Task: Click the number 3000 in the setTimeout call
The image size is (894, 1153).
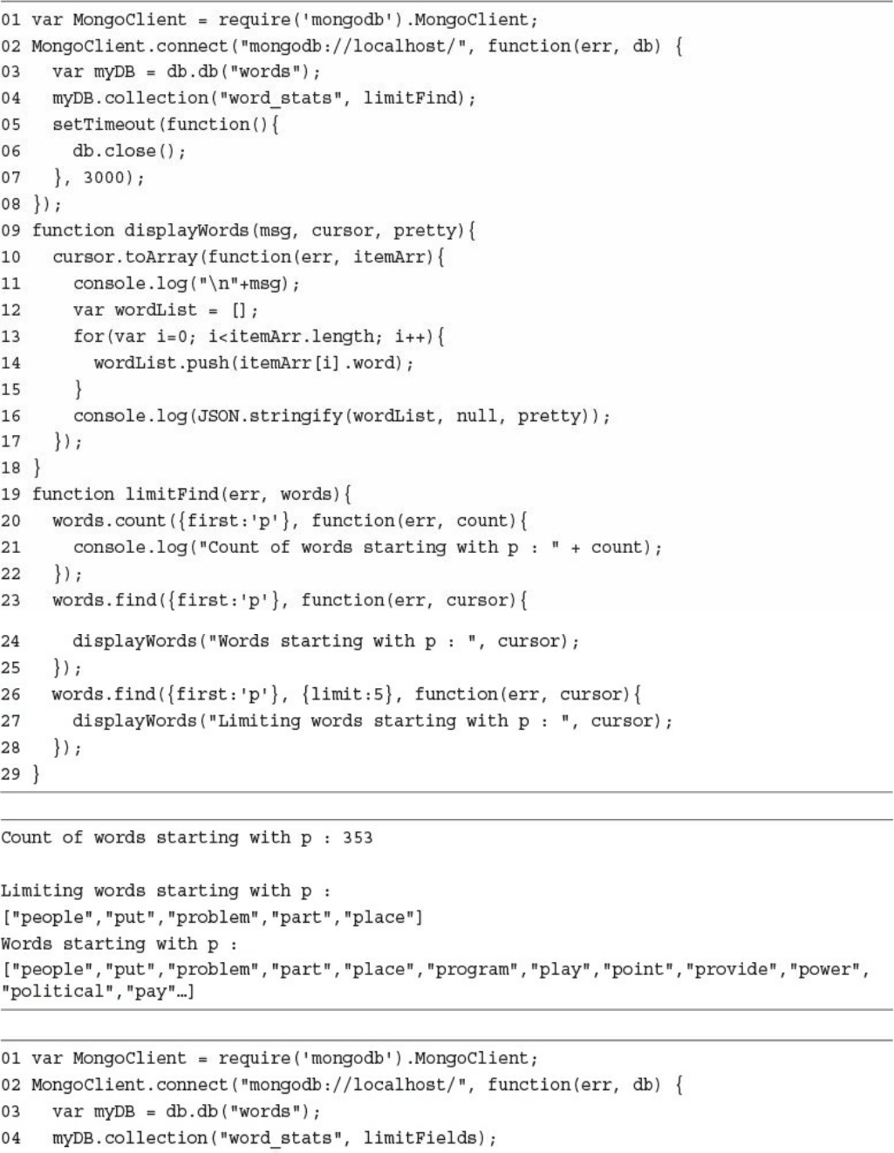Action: [104, 178]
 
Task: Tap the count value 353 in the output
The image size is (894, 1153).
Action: [358, 838]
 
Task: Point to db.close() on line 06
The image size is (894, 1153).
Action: [129, 152]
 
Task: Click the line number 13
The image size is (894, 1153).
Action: [11, 337]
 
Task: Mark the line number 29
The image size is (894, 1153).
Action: [11, 774]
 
